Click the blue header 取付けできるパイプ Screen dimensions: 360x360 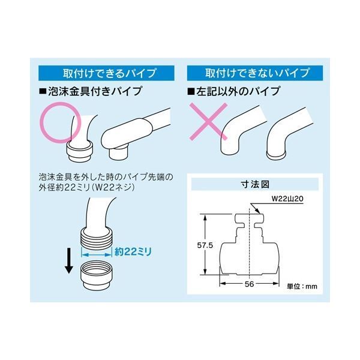coord(106,73)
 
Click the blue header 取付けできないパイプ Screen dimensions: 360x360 coord(255,73)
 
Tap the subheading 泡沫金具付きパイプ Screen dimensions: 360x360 coord(91,91)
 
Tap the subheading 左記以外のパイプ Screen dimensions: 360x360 coord(234,91)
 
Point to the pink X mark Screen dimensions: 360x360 coord(208,121)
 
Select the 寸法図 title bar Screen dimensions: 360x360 coord(255,184)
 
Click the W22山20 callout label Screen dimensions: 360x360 coord(287,199)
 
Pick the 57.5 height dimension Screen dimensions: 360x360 coord(205,245)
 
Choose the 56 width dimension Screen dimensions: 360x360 coord(250,284)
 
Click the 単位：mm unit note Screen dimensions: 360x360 coord(302,286)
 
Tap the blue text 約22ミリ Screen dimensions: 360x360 coord(133,252)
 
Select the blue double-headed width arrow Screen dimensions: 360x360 coord(97,254)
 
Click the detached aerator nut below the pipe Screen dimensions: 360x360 coord(97,276)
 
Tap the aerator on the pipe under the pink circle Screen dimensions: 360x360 coord(79,151)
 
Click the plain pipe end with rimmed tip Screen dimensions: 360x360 coord(276,155)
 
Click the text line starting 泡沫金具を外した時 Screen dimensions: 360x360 coord(106,177)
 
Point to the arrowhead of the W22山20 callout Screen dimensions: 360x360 coord(259,212)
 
